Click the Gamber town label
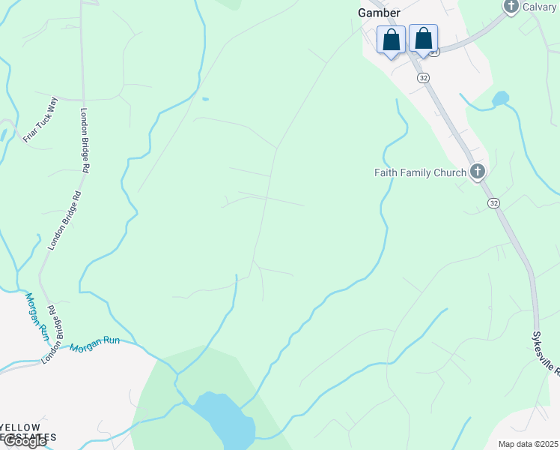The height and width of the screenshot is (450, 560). (x=379, y=12)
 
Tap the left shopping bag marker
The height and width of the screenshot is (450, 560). (x=391, y=40)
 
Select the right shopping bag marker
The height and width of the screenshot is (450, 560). (x=423, y=38)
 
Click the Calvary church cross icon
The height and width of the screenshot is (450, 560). (x=511, y=7)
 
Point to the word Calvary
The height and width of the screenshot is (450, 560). (x=540, y=7)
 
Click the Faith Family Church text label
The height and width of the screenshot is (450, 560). (x=420, y=172)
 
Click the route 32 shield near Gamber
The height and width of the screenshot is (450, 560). (x=424, y=77)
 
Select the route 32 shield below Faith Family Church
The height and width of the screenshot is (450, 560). (x=493, y=203)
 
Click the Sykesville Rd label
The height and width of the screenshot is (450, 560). (x=549, y=353)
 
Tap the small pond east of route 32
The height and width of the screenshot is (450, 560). (x=500, y=98)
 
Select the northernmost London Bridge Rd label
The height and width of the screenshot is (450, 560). (x=85, y=141)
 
